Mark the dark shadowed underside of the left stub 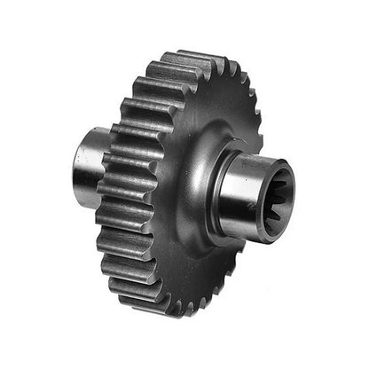[x=89, y=197]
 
